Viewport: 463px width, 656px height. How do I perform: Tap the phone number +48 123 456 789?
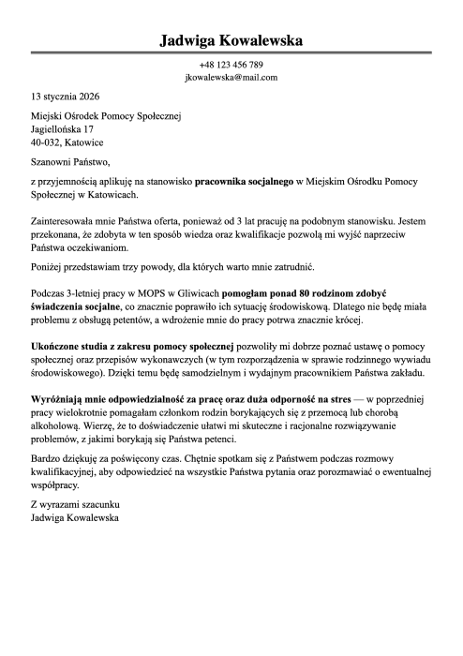(231, 65)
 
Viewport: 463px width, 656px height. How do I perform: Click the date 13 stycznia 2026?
(66, 97)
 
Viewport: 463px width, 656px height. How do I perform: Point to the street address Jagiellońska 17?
(62, 129)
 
